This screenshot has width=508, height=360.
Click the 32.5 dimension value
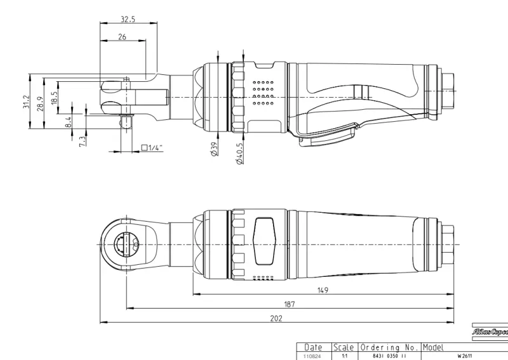[127, 19]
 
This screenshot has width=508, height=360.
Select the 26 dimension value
[121, 37]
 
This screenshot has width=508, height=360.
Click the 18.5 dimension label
[55, 97]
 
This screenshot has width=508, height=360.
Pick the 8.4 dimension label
[69, 121]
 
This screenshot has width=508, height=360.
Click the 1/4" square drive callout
[152, 148]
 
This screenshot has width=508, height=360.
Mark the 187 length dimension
[289, 304]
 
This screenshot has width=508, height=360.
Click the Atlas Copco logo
[490, 331]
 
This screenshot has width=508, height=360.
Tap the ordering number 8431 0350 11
[389, 357]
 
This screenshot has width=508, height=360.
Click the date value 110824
[313, 357]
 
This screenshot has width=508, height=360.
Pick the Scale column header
[344, 348]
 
